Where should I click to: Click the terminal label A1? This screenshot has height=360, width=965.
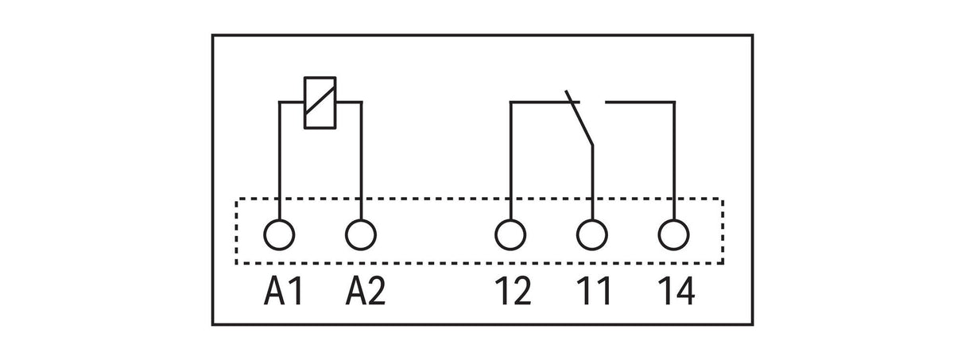coord(283,291)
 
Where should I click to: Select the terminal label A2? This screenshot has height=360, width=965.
coord(366,291)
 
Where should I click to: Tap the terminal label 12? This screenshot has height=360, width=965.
coord(513,291)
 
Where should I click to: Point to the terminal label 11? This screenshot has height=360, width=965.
coord(594,291)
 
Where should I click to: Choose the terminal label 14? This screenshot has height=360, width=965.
coord(676,291)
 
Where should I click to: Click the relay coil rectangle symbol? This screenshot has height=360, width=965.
coord(305,103)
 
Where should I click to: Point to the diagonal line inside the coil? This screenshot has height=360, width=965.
coord(320,100)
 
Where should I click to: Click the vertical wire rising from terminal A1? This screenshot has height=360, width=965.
coord(280,161)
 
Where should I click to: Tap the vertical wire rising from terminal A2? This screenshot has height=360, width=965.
coord(362,161)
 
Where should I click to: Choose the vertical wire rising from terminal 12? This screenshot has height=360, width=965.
coord(510,161)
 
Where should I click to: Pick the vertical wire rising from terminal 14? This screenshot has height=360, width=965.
coord(674,161)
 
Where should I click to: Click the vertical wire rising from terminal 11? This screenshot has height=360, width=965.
coord(593,183)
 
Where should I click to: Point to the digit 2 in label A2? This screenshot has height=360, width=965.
coord(375,291)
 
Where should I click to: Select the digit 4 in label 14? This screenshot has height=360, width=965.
coord(684,291)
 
